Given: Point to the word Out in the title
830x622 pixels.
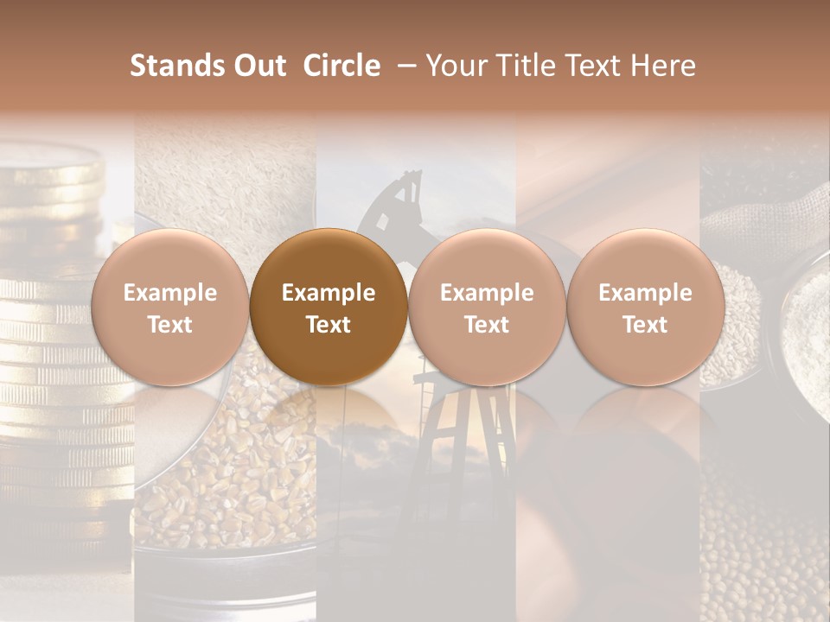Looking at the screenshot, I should pos(255,66).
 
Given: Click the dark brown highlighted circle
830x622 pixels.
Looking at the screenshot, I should pos(329,307).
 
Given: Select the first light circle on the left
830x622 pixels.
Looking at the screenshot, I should pos(169,307).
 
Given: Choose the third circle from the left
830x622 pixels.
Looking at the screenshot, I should pos(487,307).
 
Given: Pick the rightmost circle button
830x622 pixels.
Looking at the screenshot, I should pos(645,307).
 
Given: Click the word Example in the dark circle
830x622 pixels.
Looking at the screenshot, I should pos(329,293).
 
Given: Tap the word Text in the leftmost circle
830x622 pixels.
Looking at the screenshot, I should pos(169,325).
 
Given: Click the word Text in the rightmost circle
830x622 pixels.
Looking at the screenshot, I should pos(645,325).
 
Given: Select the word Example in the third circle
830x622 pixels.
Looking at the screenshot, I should pos(487,293).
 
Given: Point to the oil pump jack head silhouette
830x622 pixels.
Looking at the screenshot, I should pos(398,194).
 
